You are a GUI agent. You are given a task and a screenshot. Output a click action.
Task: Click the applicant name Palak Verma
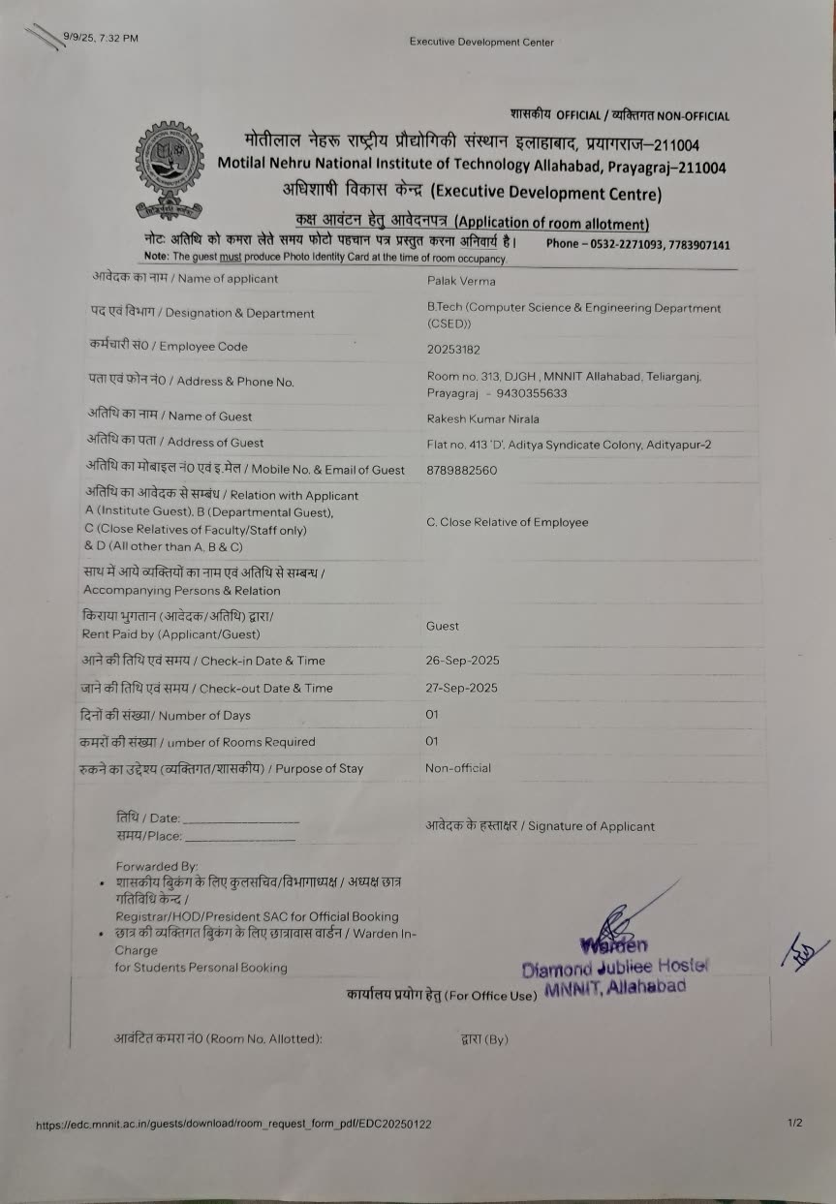(x=461, y=281)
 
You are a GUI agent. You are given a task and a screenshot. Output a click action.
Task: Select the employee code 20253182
(x=453, y=349)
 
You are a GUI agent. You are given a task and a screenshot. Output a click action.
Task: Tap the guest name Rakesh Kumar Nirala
(x=482, y=418)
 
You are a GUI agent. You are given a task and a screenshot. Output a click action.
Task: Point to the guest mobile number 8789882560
(x=461, y=470)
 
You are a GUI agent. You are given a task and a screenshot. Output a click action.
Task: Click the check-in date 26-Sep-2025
(x=462, y=661)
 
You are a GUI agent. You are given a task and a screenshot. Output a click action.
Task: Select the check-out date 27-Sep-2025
(x=461, y=688)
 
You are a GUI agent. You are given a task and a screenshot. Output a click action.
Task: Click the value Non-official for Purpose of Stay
(x=457, y=768)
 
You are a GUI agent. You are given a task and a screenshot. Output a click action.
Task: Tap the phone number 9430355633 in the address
(x=531, y=393)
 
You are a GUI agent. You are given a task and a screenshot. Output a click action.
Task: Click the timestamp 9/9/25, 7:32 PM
(x=101, y=38)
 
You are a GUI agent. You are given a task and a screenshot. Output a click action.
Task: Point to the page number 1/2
(x=794, y=1123)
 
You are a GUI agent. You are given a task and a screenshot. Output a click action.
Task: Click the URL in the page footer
(x=233, y=1125)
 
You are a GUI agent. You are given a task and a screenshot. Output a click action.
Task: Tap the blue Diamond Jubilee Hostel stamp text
(x=616, y=967)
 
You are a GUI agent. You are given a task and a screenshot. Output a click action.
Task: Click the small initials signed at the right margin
(x=804, y=952)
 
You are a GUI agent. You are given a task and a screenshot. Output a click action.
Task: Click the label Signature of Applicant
(x=541, y=826)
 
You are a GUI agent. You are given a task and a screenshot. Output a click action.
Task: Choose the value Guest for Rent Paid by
(x=443, y=626)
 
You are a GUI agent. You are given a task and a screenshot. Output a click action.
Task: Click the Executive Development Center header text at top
(x=481, y=42)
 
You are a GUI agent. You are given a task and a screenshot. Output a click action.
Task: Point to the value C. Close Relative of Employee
(x=507, y=522)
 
